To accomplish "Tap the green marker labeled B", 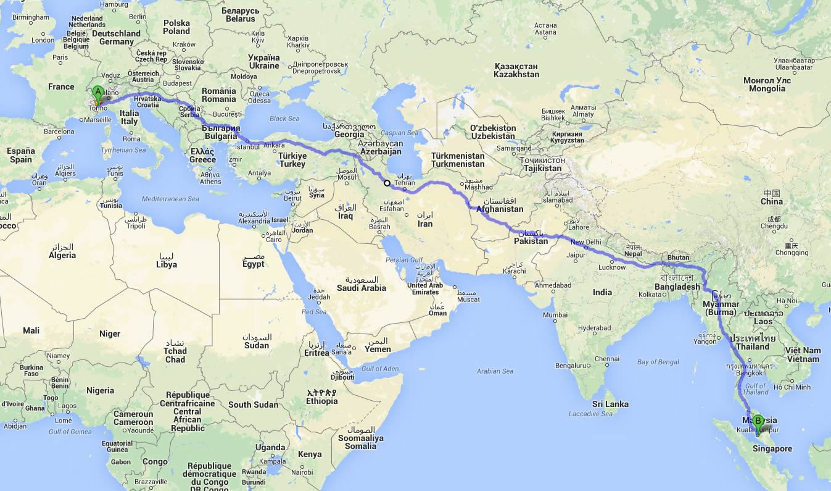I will click(758, 423).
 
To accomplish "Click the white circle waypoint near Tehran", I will click(387, 183).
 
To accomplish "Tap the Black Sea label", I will click(284, 119).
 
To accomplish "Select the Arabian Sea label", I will click(495, 371).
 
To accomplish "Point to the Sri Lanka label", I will click(610, 404).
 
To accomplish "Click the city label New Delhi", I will click(585, 242).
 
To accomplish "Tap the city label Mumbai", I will click(556, 316).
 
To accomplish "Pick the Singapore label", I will click(772, 449).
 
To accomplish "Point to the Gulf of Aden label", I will click(379, 369).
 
